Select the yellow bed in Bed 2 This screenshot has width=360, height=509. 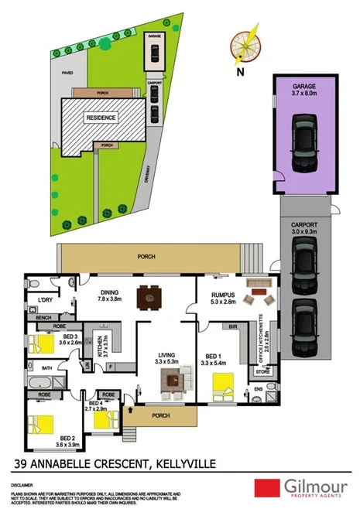point(43,424)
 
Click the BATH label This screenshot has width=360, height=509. point(46,368)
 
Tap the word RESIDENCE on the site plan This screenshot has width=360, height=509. point(101,118)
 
